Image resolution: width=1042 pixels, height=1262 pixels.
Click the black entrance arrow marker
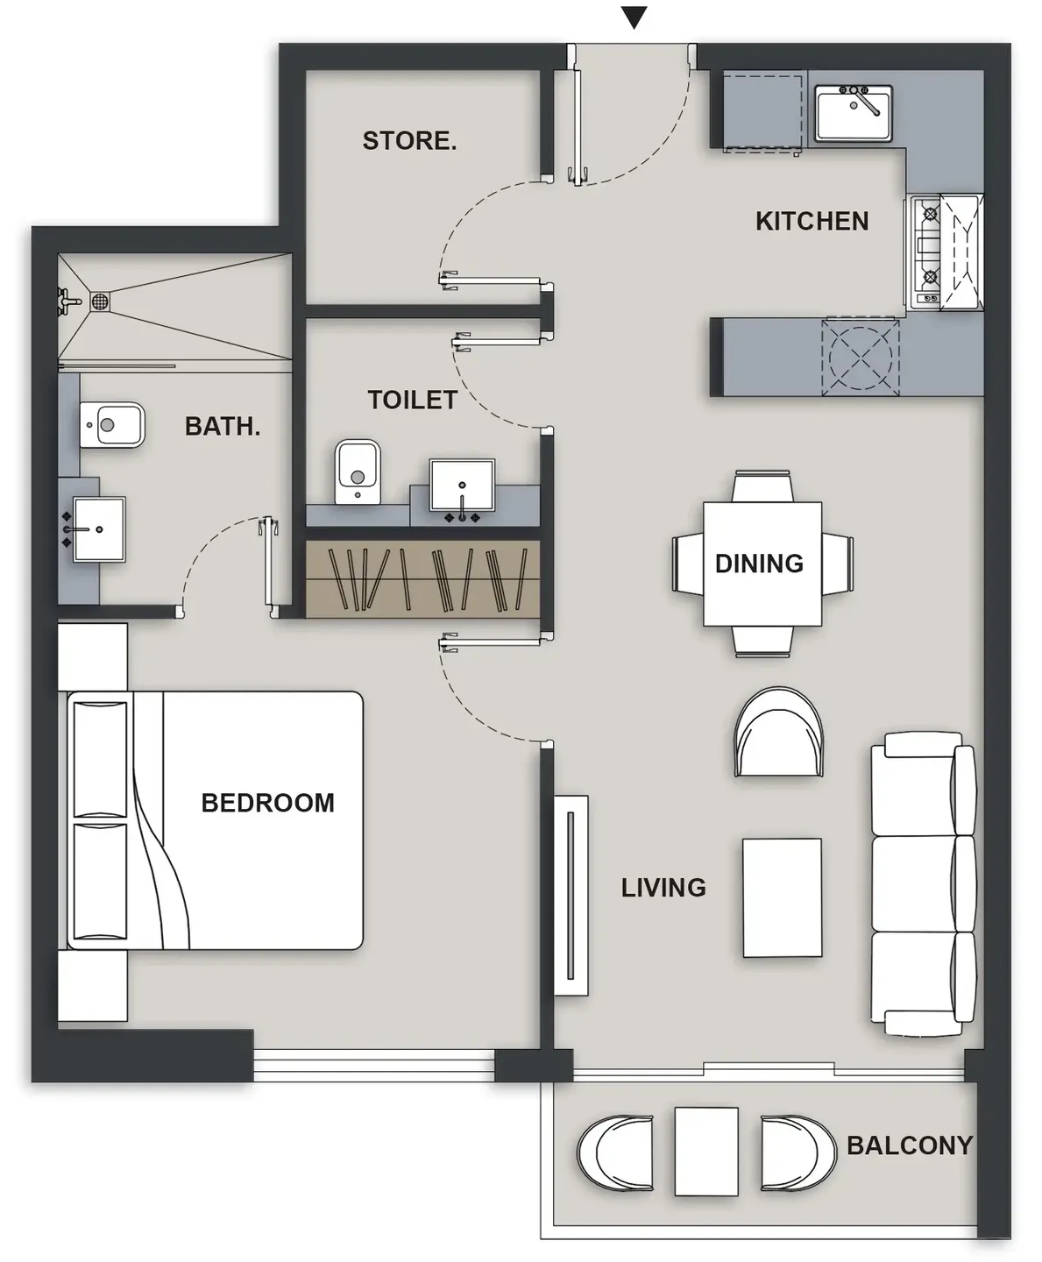pyautogui.click(x=634, y=18)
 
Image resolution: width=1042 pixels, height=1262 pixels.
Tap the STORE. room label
pyautogui.click(x=409, y=141)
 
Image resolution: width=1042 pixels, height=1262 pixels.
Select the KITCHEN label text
pyautogui.click(x=812, y=221)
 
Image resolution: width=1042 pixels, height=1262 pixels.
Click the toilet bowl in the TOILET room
pyautogui.click(x=358, y=471)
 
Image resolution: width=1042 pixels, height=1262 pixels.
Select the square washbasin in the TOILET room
pyautogui.click(x=462, y=486)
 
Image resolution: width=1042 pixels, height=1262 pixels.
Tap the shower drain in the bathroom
pyautogui.click(x=100, y=301)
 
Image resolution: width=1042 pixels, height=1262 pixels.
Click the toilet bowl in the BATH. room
pyautogui.click(x=112, y=424)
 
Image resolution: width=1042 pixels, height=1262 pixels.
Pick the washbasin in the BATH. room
pyautogui.click(x=99, y=529)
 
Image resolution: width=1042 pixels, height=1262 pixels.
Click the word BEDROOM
pyautogui.click(x=268, y=803)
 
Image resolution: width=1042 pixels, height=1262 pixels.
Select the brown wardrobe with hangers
pyautogui.click(x=422, y=579)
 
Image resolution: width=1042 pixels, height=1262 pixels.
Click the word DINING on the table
pyautogui.click(x=759, y=564)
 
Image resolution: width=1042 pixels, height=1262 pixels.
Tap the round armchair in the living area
pyautogui.click(x=778, y=733)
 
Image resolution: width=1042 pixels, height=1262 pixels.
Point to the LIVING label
pyautogui.click(x=663, y=887)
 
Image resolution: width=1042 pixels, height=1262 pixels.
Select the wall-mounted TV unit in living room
pyautogui.click(x=571, y=895)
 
